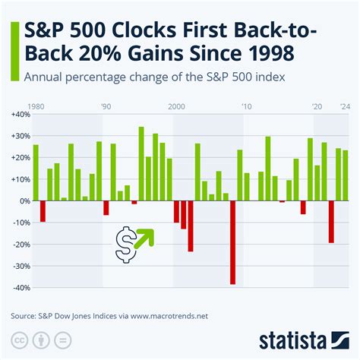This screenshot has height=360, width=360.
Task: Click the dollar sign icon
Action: click(x=125, y=244)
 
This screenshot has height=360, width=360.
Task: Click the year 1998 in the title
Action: click(x=269, y=55)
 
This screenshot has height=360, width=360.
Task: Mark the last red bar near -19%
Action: click(x=331, y=222)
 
